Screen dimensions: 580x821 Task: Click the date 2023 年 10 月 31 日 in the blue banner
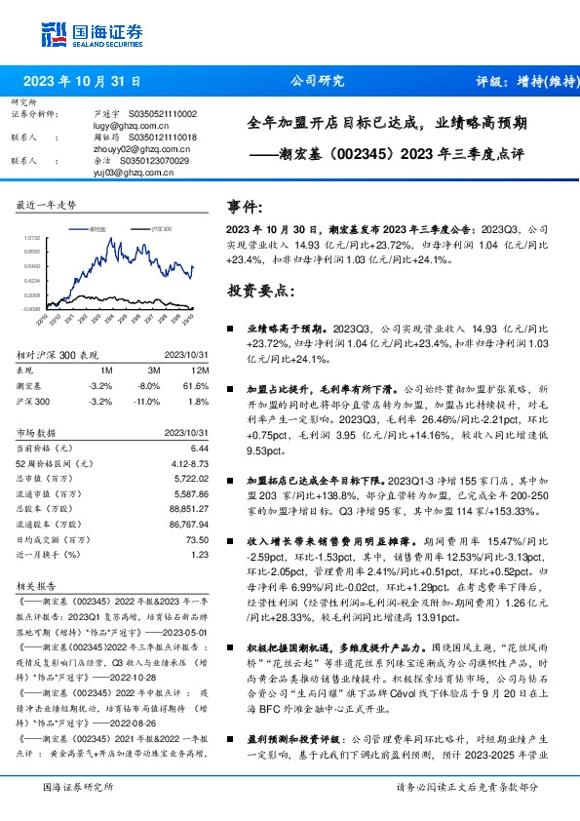click(x=83, y=82)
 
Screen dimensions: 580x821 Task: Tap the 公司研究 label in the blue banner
click(x=317, y=82)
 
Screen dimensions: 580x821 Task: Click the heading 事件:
click(x=245, y=207)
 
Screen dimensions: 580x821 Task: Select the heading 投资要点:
click(x=258, y=291)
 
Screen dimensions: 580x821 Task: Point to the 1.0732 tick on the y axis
click(x=31, y=237)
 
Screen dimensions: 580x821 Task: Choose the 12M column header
click(x=200, y=371)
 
